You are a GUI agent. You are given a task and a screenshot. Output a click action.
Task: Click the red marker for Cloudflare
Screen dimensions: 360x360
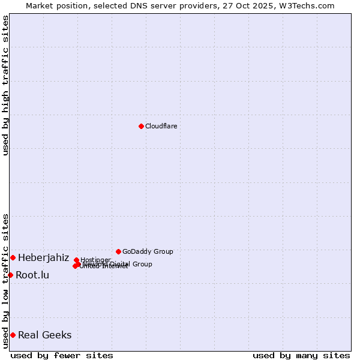click(x=141, y=126)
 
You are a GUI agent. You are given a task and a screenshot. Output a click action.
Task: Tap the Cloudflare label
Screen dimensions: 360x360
click(x=161, y=126)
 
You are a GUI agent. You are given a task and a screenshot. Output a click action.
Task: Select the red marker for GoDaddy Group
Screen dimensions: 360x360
click(x=118, y=251)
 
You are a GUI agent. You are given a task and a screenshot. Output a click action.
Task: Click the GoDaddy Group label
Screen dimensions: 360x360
click(x=148, y=251)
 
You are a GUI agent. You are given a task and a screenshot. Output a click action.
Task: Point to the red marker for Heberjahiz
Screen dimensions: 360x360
click(x=13, y=257)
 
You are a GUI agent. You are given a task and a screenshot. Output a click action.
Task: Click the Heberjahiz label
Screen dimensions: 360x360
click(x=43, y=258)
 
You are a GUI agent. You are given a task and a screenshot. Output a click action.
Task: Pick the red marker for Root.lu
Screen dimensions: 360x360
click(x=10, y=275)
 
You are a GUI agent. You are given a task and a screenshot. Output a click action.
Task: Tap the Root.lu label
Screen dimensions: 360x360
click(x=32, y=275)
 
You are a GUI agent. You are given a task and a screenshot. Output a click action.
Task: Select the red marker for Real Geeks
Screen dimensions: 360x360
click(x=13, y=335)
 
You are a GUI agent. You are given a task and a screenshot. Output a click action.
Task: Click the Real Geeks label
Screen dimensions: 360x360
click(x=44, y=335)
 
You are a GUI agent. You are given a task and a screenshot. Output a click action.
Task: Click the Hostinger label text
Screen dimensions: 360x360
click(x=95, y=260)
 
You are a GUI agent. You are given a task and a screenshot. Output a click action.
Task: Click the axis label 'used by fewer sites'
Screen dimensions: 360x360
click(x=62, y=355)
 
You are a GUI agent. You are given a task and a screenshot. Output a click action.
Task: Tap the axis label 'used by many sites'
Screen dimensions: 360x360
click(x=301, y=355)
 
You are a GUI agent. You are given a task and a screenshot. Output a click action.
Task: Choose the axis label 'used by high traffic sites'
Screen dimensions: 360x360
click(x=5, y=85)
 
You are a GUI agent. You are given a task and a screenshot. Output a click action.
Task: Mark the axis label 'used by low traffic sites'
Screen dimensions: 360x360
click(x=5, y=281)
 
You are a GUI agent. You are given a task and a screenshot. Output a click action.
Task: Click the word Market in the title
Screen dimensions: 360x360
click(x=40, y=5)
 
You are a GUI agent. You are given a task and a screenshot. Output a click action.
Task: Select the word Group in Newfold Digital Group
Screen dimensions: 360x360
click(x=142, y=264)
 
